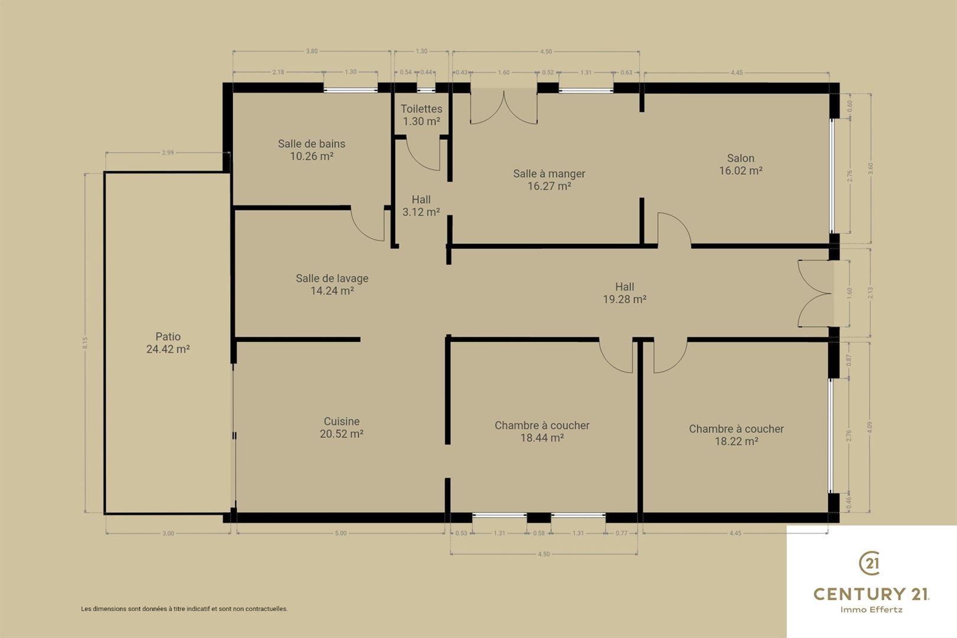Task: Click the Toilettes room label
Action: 421,109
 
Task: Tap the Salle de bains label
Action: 311,144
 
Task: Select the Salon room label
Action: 740,158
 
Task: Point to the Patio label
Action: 168,336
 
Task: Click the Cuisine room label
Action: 341,421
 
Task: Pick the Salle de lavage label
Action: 332,278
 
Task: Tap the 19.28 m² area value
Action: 624,299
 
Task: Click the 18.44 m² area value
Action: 542,438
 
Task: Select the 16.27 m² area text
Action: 549,186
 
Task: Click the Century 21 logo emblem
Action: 870,563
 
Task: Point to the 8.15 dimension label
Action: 85,343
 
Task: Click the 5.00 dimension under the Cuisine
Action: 340,533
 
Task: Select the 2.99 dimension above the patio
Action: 168,152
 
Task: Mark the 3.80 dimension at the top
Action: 311,51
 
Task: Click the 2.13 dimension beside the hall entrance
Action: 870,293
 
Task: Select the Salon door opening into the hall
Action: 679,222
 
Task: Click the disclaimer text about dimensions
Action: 184,608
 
